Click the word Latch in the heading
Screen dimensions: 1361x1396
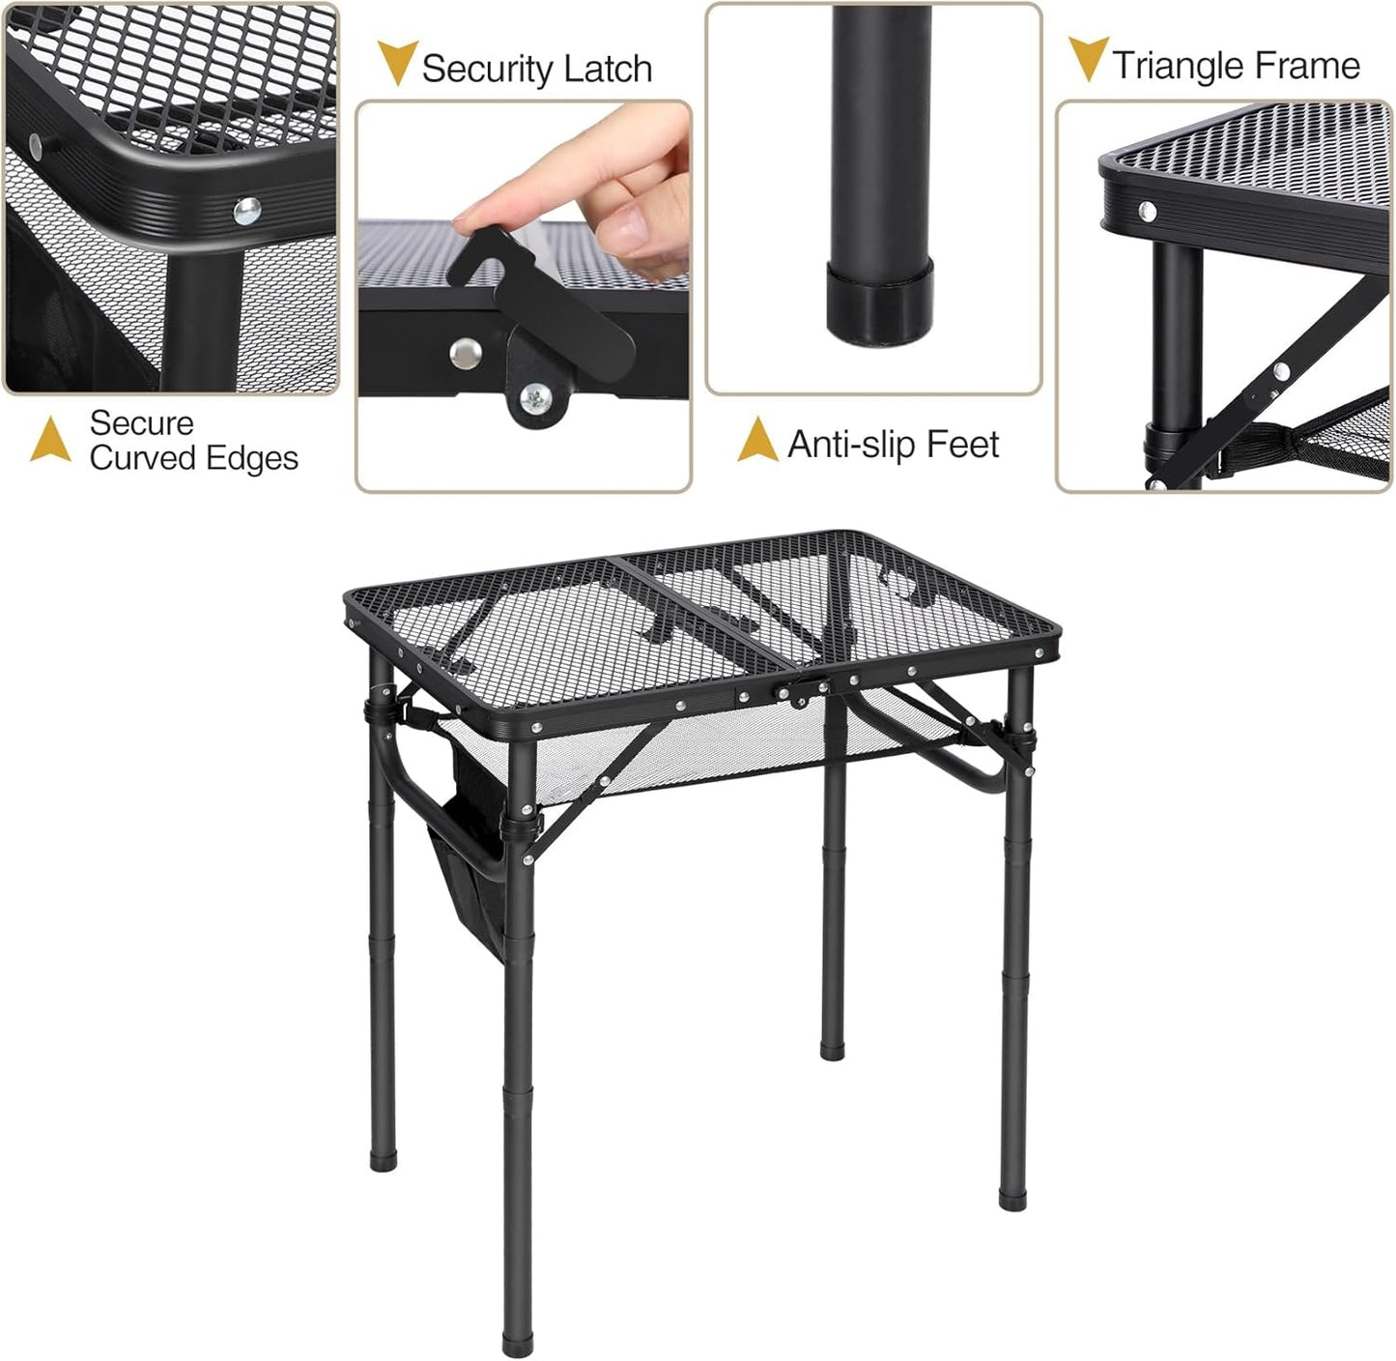[x=609, y=69]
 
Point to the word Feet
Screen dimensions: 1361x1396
[x=962, y=445]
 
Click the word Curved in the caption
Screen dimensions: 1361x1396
[x=141, y=458]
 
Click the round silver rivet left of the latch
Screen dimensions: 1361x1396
[x=466, y=353]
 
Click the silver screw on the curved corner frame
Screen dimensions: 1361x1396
[x=247, y=210]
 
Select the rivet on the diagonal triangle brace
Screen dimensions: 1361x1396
[x=1281, y=370]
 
